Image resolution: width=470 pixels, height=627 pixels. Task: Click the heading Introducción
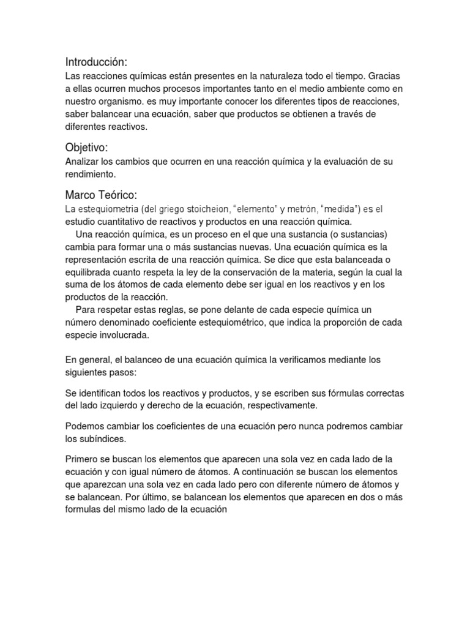coord(97,62)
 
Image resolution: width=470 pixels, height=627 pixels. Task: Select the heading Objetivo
coord(88,148)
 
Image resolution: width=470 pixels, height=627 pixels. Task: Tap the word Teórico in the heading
coord(120,195)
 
